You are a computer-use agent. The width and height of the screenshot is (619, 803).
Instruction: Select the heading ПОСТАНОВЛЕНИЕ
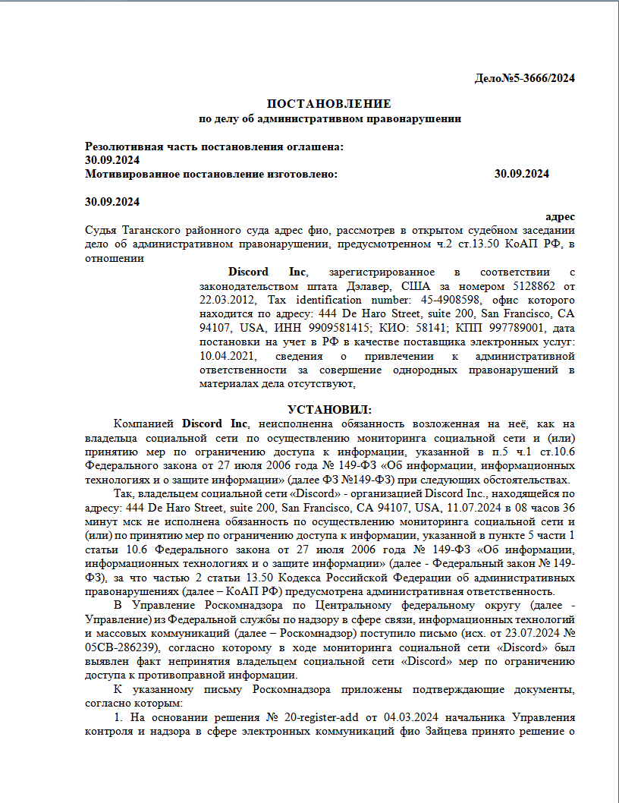(x=329, y=103)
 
